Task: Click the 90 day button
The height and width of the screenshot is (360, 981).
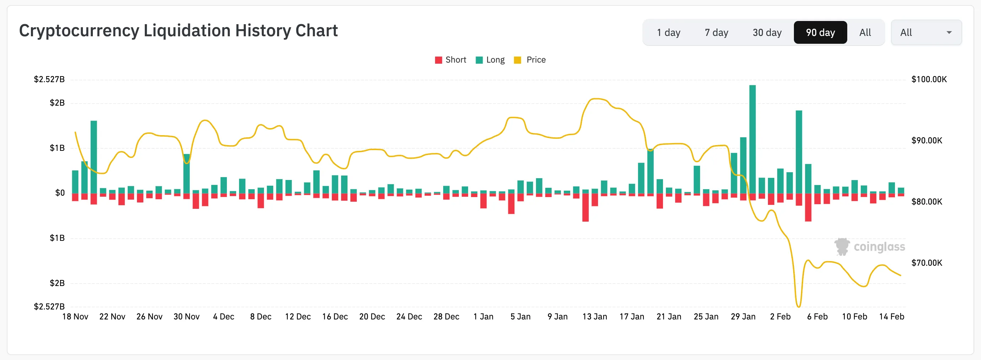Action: point(820,33)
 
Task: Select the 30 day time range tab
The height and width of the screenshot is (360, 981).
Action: point(767,33)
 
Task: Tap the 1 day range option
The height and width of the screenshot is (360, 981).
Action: point(668,33)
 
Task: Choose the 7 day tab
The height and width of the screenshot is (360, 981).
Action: point(716,33)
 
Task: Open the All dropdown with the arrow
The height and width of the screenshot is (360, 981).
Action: point(926,33)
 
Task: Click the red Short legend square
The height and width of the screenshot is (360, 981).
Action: point(438,60)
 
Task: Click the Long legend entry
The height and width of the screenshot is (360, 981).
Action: point(490,60)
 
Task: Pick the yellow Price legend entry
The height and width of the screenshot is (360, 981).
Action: point(530,60)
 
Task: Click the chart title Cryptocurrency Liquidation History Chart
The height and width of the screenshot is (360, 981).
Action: point(178,31)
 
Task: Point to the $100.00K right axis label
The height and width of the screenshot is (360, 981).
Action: point(928,79)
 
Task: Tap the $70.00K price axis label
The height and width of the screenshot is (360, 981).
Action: point(926,263)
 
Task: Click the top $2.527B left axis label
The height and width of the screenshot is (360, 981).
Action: point(49,79)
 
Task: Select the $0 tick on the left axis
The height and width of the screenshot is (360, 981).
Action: point(60,193)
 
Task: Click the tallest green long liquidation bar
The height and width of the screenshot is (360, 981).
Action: point(752,139)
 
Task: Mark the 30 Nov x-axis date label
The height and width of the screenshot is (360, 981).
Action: point(186,317)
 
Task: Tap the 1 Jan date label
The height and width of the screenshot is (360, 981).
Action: point(483,317)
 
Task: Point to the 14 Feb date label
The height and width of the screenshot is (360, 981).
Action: point(891,317)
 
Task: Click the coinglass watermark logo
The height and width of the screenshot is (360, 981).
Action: point(869,247)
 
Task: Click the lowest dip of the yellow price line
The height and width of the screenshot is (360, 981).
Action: point(798,306)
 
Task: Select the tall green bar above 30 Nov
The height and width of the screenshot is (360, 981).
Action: point(186,174)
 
